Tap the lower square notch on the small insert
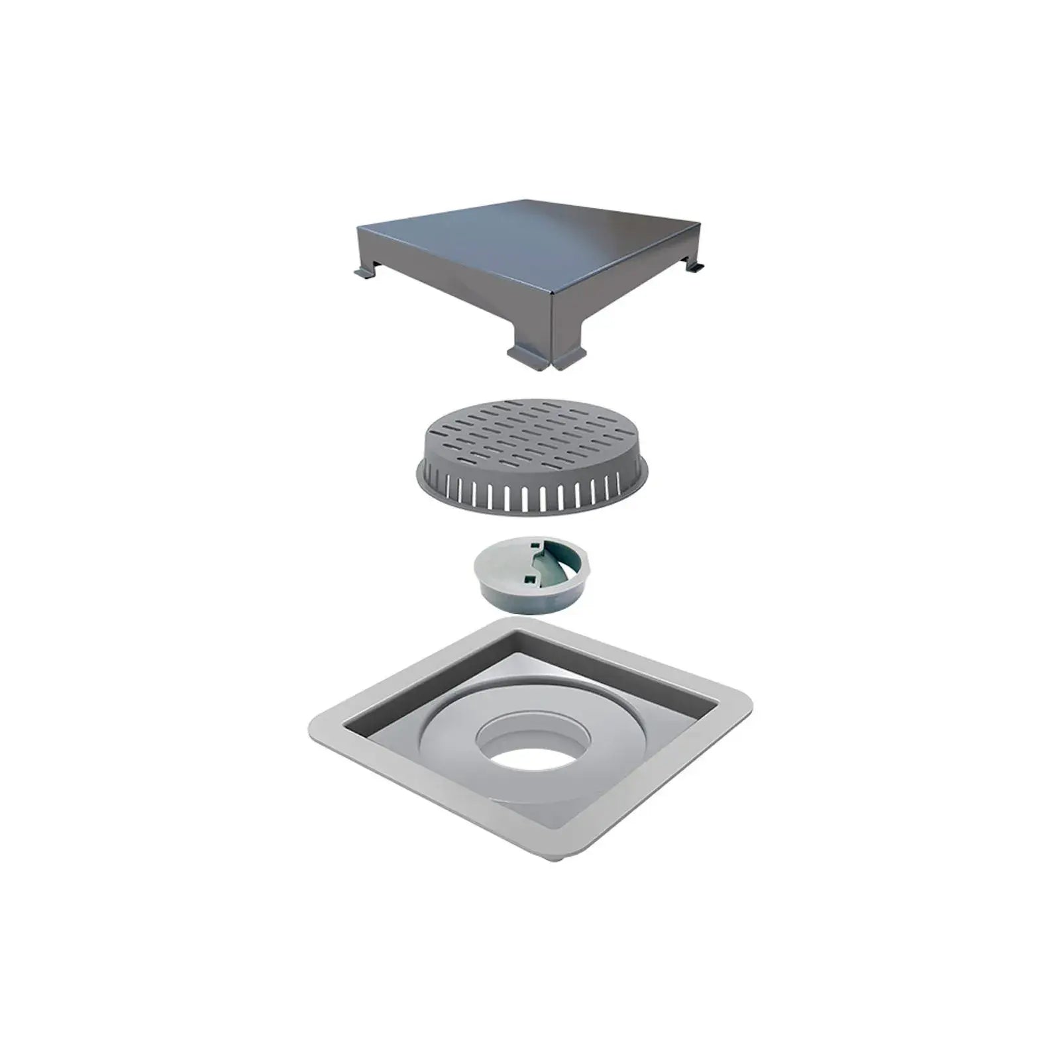(530, 582)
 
